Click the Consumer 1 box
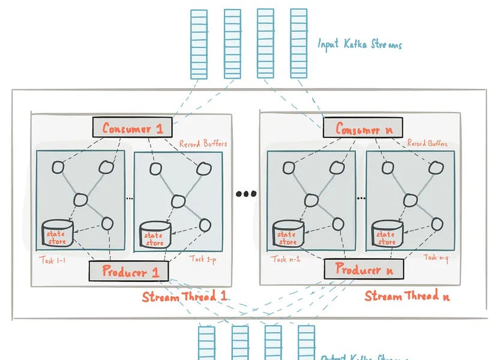pos(132,128)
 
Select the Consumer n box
pos(362,128)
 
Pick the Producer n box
pos(363,270)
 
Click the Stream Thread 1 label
pos(184,297)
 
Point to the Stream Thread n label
pos(407,296)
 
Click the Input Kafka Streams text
pos(360,44)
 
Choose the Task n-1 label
pos(286,259)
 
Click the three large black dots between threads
pos(246,194)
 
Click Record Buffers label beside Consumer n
pos(427,143)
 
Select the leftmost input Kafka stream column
pos(199,44)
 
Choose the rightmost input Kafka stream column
pos(298,44)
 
